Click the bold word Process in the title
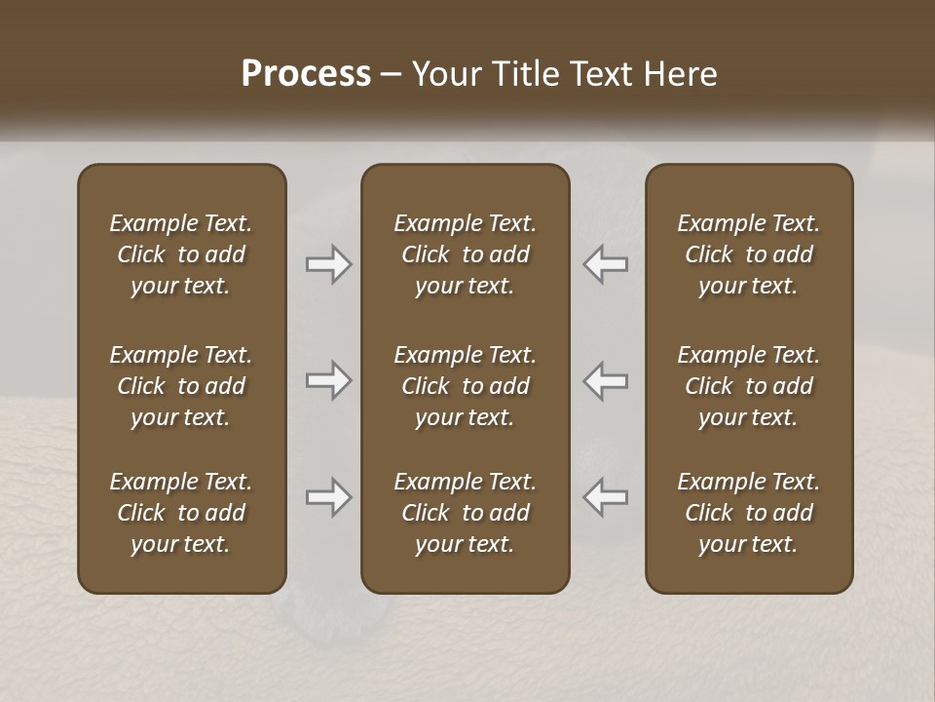tap(306, 74)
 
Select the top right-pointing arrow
tap(328, 264)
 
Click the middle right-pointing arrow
tap(328, 380)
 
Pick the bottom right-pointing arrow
tap(328, 497)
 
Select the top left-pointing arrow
tap(606, 264)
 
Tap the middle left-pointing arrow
tap(606, 380)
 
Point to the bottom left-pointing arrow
tap(606, 497)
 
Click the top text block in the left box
tap(181, 254)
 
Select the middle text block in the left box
tap(181, 386)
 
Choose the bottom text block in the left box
tap(181, 513)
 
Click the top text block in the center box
tap(465, 254)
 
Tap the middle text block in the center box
tap(465, 386)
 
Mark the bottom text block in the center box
tap(465, 513)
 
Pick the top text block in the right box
tap(749, 254)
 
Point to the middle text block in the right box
tap(749, 386)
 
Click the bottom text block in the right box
tap(749, 513)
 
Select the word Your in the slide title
tap(444, 74)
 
